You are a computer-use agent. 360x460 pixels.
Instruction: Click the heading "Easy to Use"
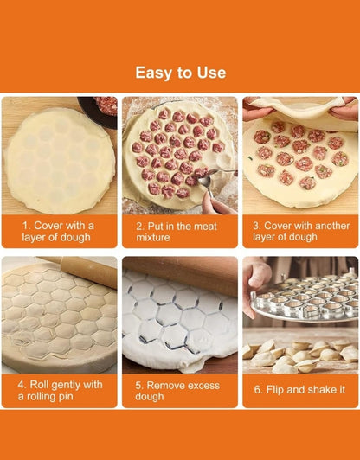tap(180, 73)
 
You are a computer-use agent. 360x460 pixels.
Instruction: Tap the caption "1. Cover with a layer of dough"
tap(58, 230)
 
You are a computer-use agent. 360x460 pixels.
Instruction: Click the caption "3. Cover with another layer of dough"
tap(299, 230)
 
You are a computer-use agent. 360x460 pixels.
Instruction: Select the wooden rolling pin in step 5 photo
tap(186, 272)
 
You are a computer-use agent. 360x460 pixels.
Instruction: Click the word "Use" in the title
tap(209, 73)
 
